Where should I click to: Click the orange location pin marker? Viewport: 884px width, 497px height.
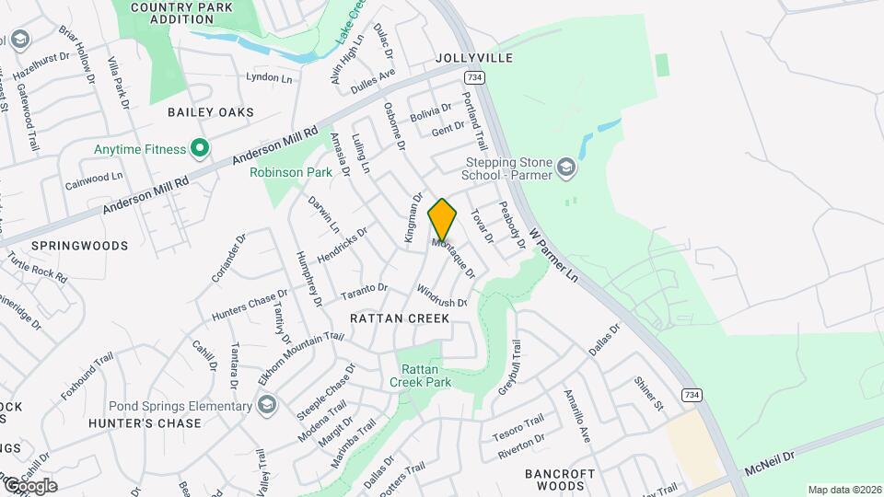[x=442, y=220]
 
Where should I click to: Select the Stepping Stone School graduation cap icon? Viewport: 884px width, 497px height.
[x=565, y=168]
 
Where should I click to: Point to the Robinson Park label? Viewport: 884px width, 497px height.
[x=291, y=172]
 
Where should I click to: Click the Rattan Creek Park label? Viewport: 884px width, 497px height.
[x=420, y=375]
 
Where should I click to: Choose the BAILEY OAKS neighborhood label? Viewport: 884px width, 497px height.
[x=210, y=112]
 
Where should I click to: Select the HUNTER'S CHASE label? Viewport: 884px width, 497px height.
[x=145, y=423]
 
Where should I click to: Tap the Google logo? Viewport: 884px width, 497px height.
[x=29, y=485]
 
